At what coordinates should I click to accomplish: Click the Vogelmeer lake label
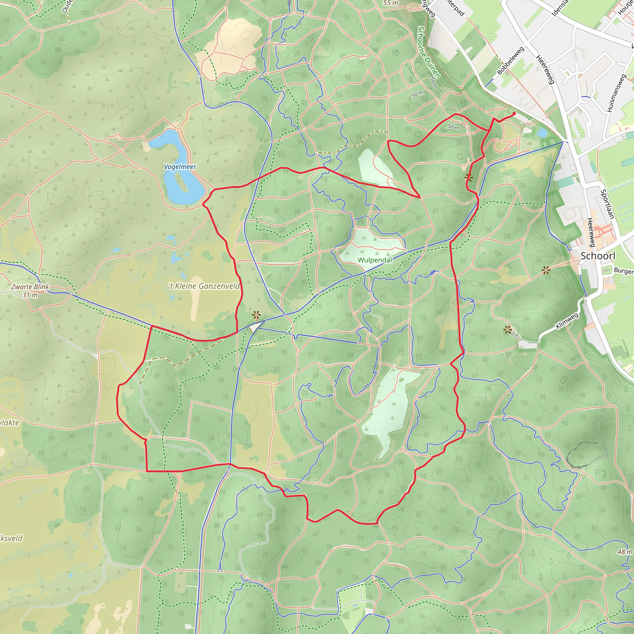180,167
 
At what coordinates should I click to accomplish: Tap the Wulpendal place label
375,260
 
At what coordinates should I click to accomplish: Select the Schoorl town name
598,256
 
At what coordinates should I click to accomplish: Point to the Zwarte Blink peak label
30,286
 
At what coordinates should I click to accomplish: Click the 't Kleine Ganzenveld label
204,286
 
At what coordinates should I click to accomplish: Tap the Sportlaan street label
607,204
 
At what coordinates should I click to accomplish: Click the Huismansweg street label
616,93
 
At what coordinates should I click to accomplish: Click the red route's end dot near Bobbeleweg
514,114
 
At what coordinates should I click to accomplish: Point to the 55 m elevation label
390,3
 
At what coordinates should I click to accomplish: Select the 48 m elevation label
624,552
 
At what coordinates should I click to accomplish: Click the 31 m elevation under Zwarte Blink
30,295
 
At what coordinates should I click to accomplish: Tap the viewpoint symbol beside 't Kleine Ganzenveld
256,315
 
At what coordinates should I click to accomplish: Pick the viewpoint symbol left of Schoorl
546,270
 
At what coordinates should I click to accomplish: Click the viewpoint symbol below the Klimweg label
508,329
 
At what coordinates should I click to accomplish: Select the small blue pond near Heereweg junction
542,132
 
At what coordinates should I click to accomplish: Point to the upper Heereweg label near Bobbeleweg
545,70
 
